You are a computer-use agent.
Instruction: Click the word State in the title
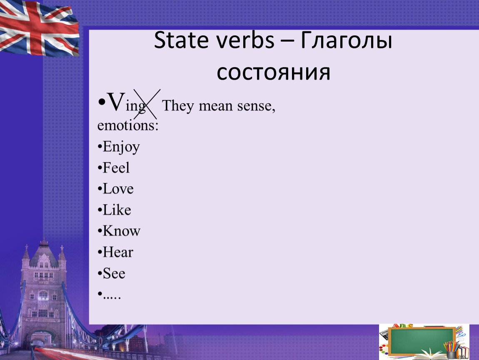(x=180, y=40)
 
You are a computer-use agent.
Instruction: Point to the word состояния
(x=273, y=72)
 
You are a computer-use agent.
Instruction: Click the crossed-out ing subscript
(x=135, y=106)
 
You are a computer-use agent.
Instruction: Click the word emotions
(x=128, y=125)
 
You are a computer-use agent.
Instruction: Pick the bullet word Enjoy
(x=121, y=147)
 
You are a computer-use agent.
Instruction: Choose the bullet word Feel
(x=116, y=167)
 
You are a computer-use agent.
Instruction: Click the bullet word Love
(x=118, y=189)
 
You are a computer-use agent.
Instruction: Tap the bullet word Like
(x=117, y=210)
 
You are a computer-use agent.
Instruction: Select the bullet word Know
(x=122, y=231)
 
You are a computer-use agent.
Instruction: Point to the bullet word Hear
(x=118, y=252)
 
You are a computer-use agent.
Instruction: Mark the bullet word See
(x=114, y=273)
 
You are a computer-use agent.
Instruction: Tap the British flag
(x=39, y=28)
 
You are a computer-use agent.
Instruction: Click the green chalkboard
(x=422, y=341)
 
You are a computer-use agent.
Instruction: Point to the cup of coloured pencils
(x=451, y=350)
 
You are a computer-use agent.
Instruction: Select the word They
(x=178, y=106)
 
